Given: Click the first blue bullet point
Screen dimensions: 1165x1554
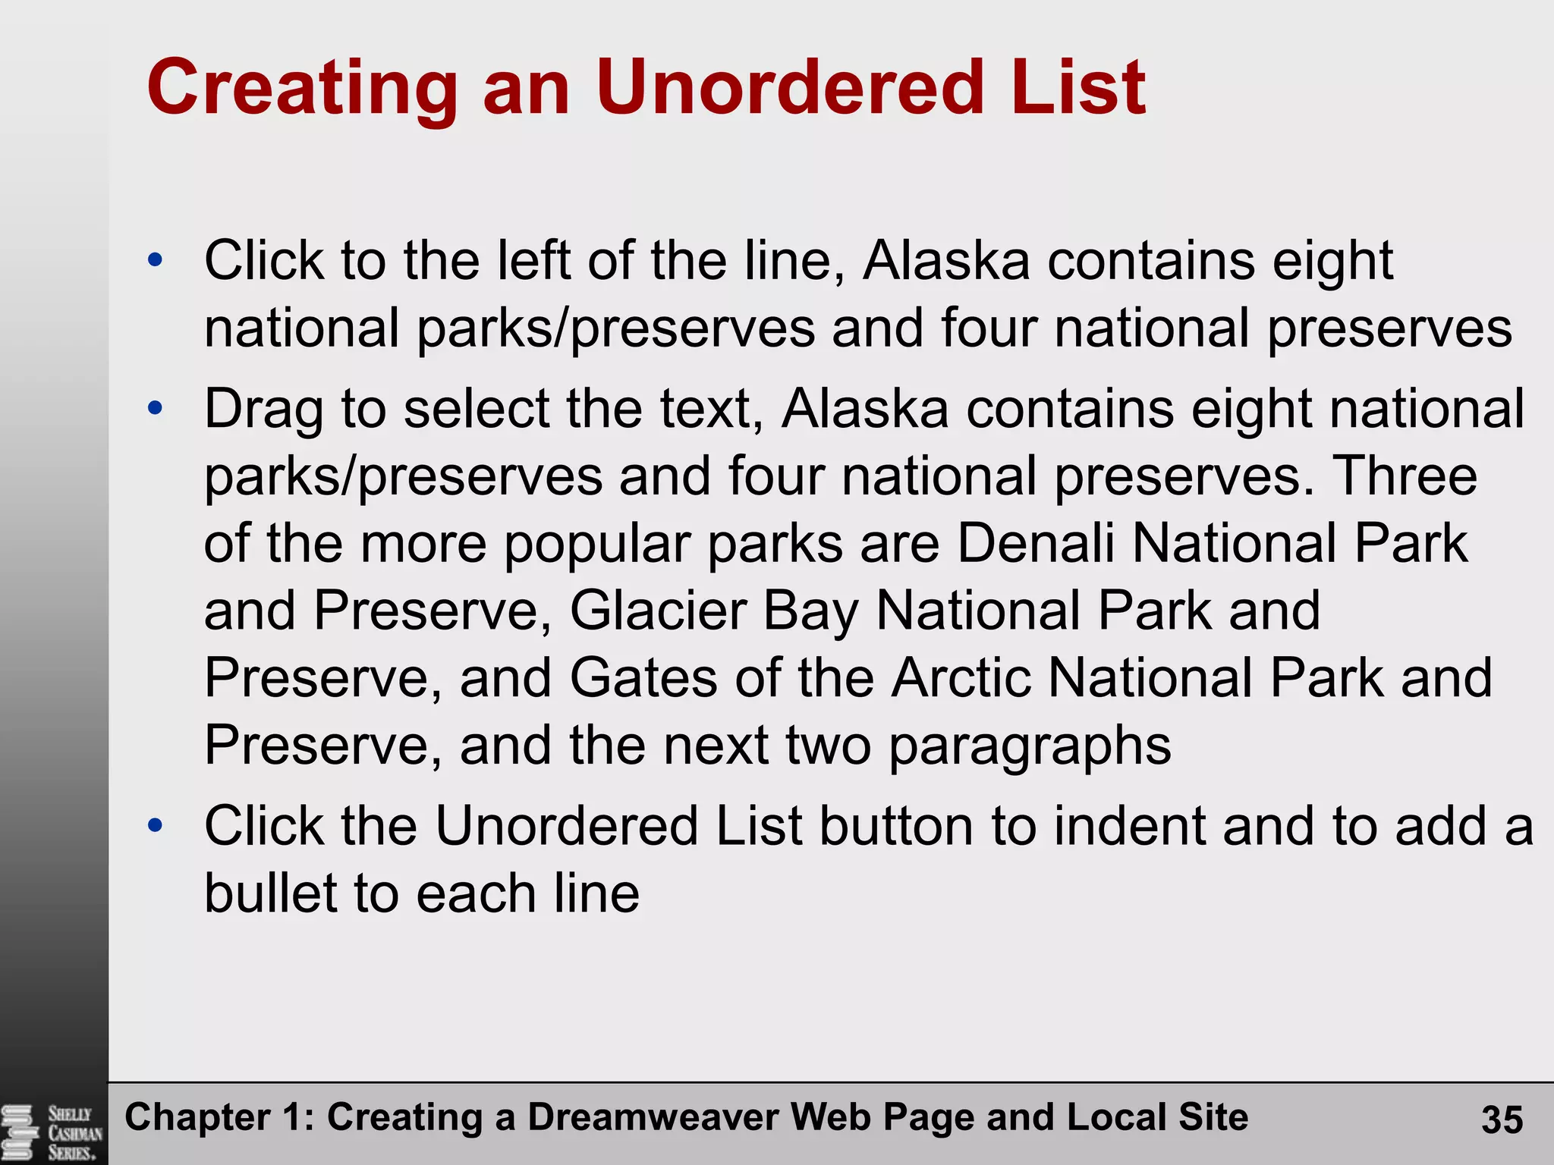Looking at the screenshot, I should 156,260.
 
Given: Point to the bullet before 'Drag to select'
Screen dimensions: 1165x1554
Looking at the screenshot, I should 156,408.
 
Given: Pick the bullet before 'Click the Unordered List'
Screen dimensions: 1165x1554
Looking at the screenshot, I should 156,824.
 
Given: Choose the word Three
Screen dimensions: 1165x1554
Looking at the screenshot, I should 1405,476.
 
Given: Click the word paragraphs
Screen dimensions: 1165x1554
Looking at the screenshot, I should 1030,746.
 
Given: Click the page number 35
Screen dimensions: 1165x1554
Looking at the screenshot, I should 1502,1119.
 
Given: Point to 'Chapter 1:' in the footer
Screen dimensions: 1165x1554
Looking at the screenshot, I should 219,1117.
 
